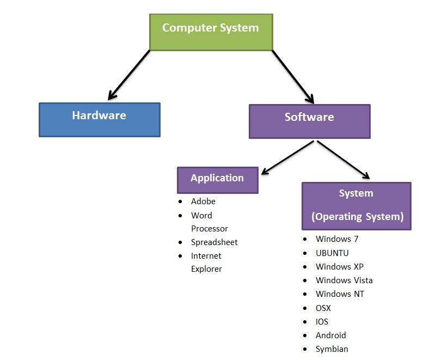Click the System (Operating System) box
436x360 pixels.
[357, 205]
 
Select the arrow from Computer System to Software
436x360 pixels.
[293, 76]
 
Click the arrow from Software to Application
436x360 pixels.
[287, 157]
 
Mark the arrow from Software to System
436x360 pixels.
[343, 160]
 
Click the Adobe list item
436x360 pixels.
[203, 202]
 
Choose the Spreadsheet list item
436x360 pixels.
[214, 242]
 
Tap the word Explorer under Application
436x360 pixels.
[206, 269]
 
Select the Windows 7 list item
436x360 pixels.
[336, 239]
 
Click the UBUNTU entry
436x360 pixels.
[332, 253]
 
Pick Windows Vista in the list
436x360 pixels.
[344, 280]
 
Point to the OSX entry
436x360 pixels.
[323, 308]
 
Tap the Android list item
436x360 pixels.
[330, 335]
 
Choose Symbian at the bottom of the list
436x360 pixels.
[331, 349]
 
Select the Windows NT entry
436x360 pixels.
[340, 294]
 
